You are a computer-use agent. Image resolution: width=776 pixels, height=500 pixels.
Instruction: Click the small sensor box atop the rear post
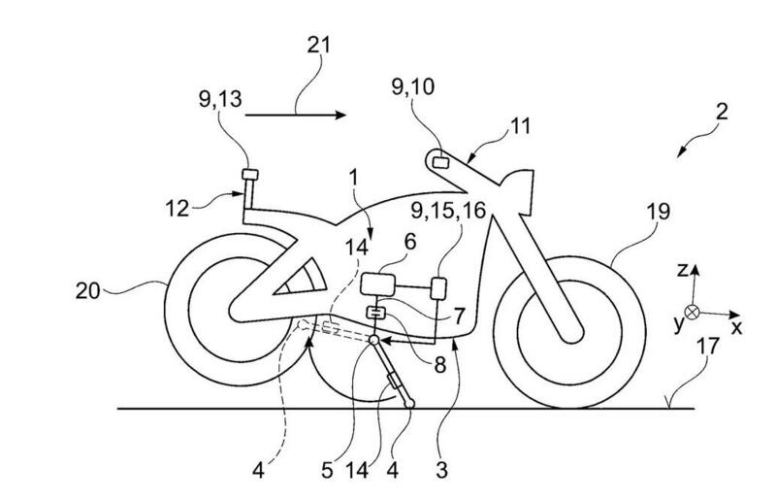click(x=248, y=175)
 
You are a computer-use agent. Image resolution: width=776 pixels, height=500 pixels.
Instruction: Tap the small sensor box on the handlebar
click(x=439, y=162)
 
